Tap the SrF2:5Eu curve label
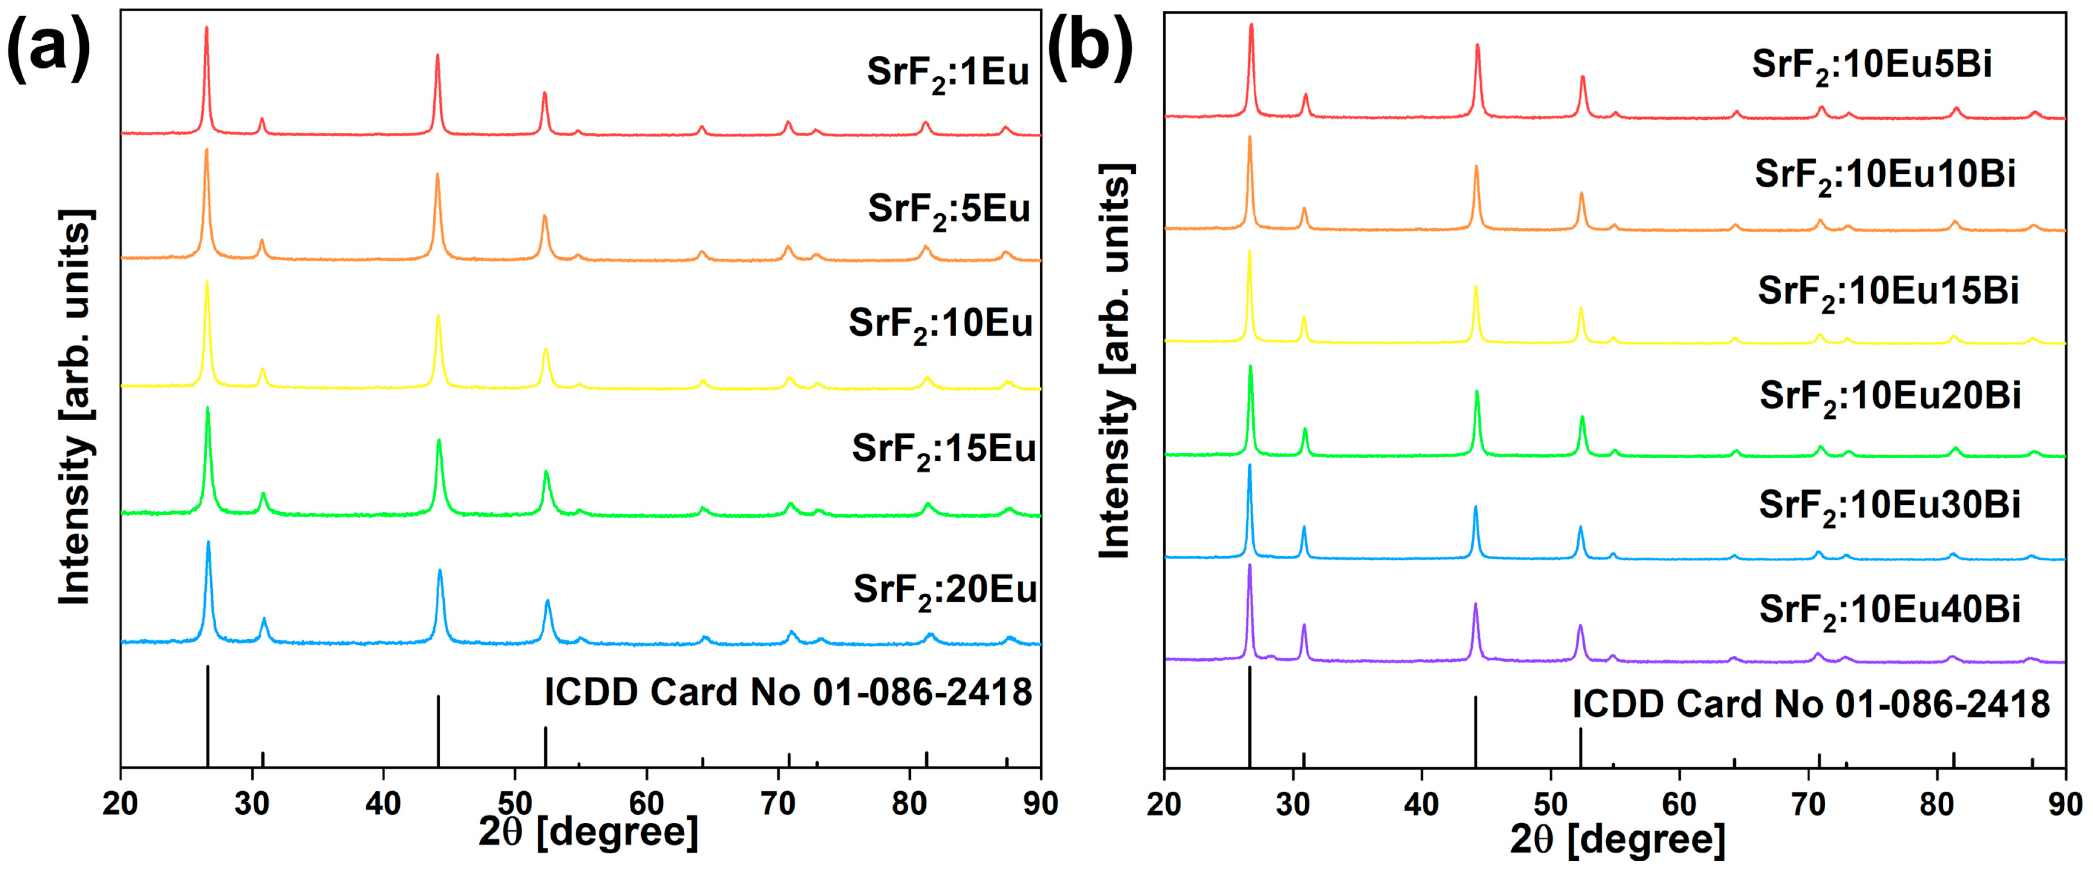click(x=948, y=210)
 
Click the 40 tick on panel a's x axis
click(x=383, y=804)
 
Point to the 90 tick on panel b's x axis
click(x=2064, y=804)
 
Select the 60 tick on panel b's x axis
click(x=1679, y=804)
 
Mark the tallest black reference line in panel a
click(x=208, y=715)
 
